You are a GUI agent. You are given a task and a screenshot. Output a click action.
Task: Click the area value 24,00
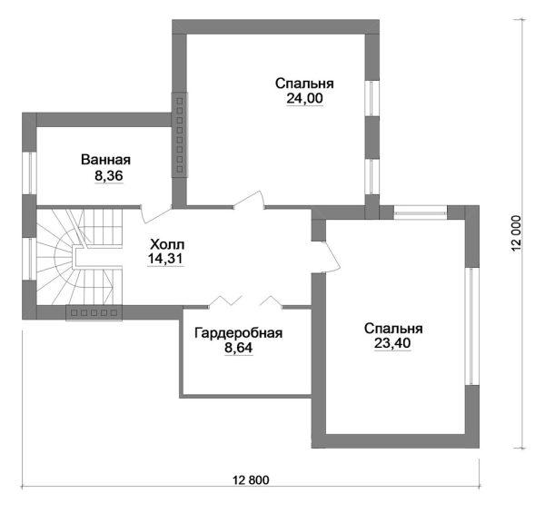pyautogui.click(x=304, y=99)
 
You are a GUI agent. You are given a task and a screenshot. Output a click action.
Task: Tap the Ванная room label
pyautogui.click(x=105, y=160)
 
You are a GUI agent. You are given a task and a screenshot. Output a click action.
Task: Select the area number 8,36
pyautogui.click(x=109, y=176)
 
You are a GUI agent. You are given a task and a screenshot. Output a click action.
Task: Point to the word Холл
pyautogui.click(x=167, y=244)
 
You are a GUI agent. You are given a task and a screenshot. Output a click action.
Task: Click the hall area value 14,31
pyautogui.click(x=165, y=259)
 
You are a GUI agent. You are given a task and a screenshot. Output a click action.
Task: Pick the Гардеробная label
pyautogui.click(x=238, y=332)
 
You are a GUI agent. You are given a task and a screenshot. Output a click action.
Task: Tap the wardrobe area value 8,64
pyautogui.click(x=238, y=348)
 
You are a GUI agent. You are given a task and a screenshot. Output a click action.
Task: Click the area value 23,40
pyautogui.click(x=392, y=343)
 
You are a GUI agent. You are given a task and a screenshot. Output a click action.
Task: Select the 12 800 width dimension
pyautogui.click(x=251, y=480)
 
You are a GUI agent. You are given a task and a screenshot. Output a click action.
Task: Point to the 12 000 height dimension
pyautogui.click(x=517, y=233)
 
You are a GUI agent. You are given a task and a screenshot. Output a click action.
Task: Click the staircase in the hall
pyautogui.click(x=80, y=257)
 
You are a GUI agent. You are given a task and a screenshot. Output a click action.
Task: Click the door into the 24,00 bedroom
pyautogui.click(x=249, y=200)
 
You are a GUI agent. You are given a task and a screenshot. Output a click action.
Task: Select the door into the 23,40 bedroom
pyautogui.click(x=331, y=257)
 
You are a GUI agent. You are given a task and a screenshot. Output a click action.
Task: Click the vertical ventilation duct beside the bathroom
pyautogui.click(x=180, y=135)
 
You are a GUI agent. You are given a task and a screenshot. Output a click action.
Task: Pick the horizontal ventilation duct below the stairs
pyautogui.click(x=94, y=313)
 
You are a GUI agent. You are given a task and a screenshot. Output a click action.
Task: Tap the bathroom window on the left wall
pyautogui.click(x=30, y=173)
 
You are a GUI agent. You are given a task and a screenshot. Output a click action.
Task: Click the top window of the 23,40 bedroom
pyautogui.click(x=420, y=212)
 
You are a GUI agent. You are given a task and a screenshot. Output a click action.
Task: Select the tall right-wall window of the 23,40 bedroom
pyautogui.click(x=472, y=326)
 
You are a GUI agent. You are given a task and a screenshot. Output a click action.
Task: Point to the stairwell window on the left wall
pyautogui.click(x=30, y=259)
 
